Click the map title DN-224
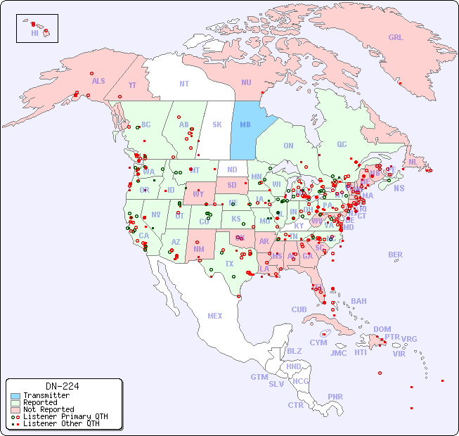point(62,386)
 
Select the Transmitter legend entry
point(46,396)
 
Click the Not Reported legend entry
point(48,409)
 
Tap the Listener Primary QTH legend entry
point(65,416)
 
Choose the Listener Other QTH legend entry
point(60,423)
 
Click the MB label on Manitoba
point(245,124)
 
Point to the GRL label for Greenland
point(396,37)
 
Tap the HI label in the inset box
point(34,33)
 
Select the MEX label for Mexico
point(215,316)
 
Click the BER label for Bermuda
point(396,255)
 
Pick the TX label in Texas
point(229,264)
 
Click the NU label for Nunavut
point(246,82)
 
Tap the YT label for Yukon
point(131,85)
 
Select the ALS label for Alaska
point(98,81)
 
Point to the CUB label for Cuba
point(299,309)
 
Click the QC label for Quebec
point(342,144)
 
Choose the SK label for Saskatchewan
point(216,124)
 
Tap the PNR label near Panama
point(335,397)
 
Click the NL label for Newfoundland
point(413,161)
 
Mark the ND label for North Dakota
point(232,169)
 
